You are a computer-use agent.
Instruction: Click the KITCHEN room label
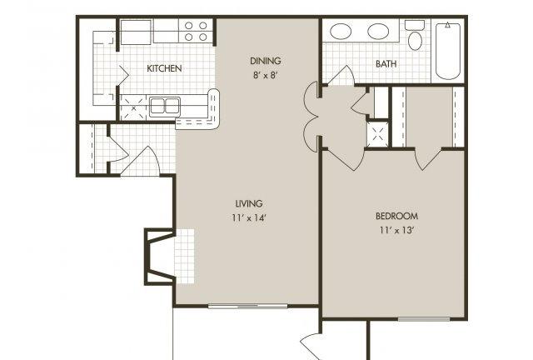(x=164, y=68)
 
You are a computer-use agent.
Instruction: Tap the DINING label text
(x=266, y=61)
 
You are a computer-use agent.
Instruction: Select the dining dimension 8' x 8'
(x=266, y=75)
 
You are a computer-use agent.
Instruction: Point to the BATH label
(x=386, y=63)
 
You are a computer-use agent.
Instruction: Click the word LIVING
(x=249, y=203)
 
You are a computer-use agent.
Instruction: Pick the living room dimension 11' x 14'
(x=249, y=217)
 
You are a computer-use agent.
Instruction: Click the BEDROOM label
(x=396, y=216)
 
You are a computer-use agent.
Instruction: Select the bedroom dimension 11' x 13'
(x=396, y=230)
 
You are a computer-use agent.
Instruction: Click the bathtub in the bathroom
(x=448, y=50)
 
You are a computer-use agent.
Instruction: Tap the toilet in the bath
(x=415, y=35)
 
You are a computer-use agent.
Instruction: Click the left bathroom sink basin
(x=341, y=32)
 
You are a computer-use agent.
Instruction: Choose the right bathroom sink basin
(x=378, y=32)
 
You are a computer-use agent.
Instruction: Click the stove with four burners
(x=196, y=31)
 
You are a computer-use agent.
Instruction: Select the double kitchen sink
(x=165, y=106)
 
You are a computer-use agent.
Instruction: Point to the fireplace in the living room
(x=160, y=256)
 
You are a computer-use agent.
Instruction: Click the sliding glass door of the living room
(x=248, y=306)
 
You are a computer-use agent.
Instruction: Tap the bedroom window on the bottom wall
(x=424, y=319)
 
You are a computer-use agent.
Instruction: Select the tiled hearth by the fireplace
(x=185, y=256)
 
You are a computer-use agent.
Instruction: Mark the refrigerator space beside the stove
(x=136, y=32)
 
